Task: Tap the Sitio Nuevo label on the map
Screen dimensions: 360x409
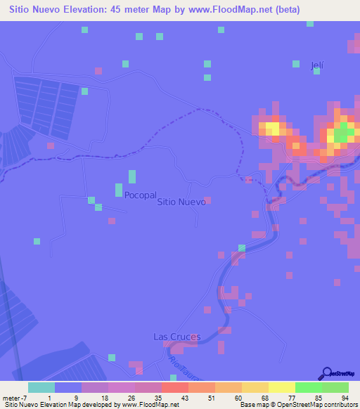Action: click(x=181, y=202)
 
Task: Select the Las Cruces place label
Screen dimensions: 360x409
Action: click(x=176, y=337)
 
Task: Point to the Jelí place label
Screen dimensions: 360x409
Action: click(x=318, y=65)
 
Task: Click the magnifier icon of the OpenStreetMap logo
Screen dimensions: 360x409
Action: click(x=326, y=373)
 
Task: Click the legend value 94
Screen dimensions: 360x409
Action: click(x=346, y=398)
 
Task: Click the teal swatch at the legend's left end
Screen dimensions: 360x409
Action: click(x=41, y=387)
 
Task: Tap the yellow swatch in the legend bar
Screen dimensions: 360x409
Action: click(x=281, y=387)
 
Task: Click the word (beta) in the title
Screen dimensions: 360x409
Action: click(x=285, y=10)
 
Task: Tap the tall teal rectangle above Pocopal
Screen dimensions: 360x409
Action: click(x=132, y=176)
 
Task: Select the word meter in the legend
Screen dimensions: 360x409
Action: click(x=11, y=398)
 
